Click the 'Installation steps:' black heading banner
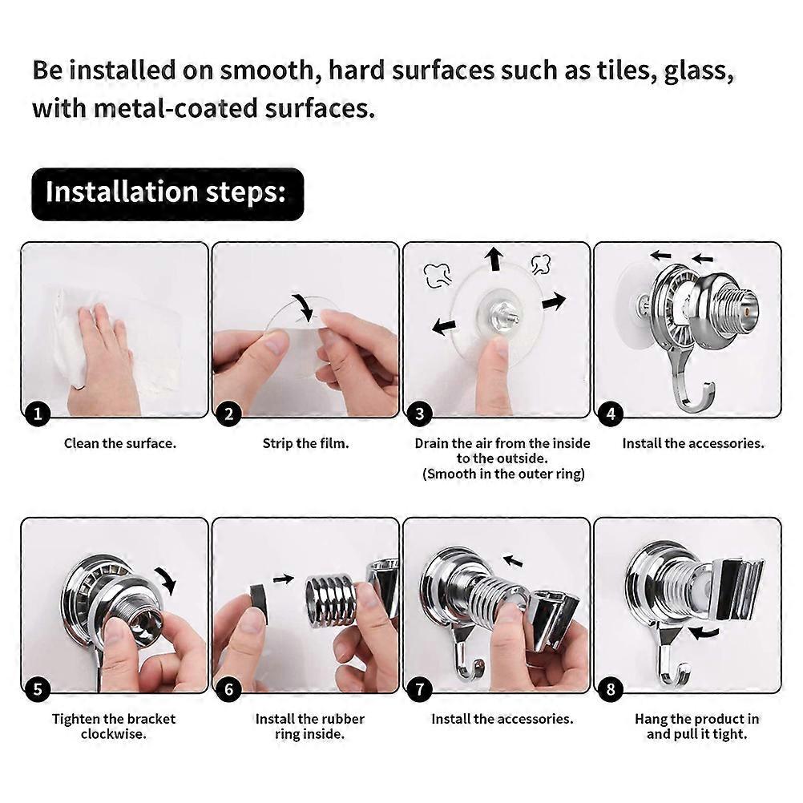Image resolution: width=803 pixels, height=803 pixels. (x=167, y=194)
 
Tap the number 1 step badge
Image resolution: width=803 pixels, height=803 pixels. (x=38, y=414)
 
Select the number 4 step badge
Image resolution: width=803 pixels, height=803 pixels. (x=611, y=414)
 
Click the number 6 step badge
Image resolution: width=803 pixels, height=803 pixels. (x=229, y=688)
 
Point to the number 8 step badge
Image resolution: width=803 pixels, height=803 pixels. (x=611, y=688)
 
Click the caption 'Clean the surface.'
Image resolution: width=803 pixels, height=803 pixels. (x=120, y=443)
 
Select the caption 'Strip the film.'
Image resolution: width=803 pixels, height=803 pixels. (x=305, y=443)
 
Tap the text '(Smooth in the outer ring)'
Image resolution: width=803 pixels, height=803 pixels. (x=503, y=474)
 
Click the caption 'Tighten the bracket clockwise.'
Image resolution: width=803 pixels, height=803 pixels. (x=114, y=726)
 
